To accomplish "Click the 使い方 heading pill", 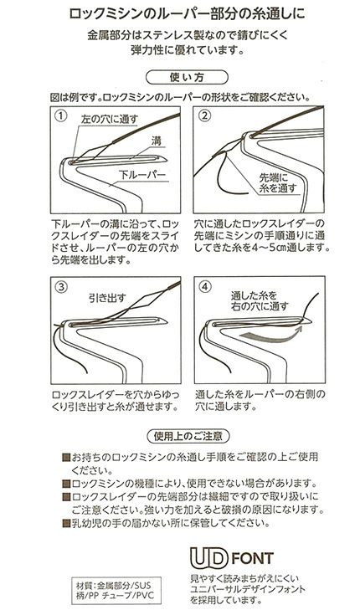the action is coord(187,77).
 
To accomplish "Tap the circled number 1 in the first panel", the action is coord(61,116).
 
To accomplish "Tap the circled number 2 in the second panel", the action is coord(204,115).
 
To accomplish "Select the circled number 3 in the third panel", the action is coord(61,287).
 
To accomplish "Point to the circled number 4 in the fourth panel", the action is coord(205,286).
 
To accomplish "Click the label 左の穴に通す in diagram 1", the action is coord(110,119).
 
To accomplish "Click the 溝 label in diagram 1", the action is coord(157,141).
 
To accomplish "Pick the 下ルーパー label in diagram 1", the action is coord(142,176).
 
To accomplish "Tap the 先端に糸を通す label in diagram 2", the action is coord(278,183).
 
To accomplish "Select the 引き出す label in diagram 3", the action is coord(107,298).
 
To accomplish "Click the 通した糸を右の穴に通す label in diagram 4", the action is coord(260,300).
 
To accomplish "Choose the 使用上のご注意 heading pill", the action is coord(188,436).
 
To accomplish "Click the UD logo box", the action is coord(208,557).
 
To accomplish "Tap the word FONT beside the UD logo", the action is coord(253,558).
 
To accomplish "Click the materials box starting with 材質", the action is coord(116,590).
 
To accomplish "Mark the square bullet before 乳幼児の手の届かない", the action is coord(66,523).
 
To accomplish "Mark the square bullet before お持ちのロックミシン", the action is coord(66,457).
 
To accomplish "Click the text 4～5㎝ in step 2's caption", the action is coord(268,248).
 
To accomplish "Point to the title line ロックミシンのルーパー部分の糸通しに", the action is coord(187,14).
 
